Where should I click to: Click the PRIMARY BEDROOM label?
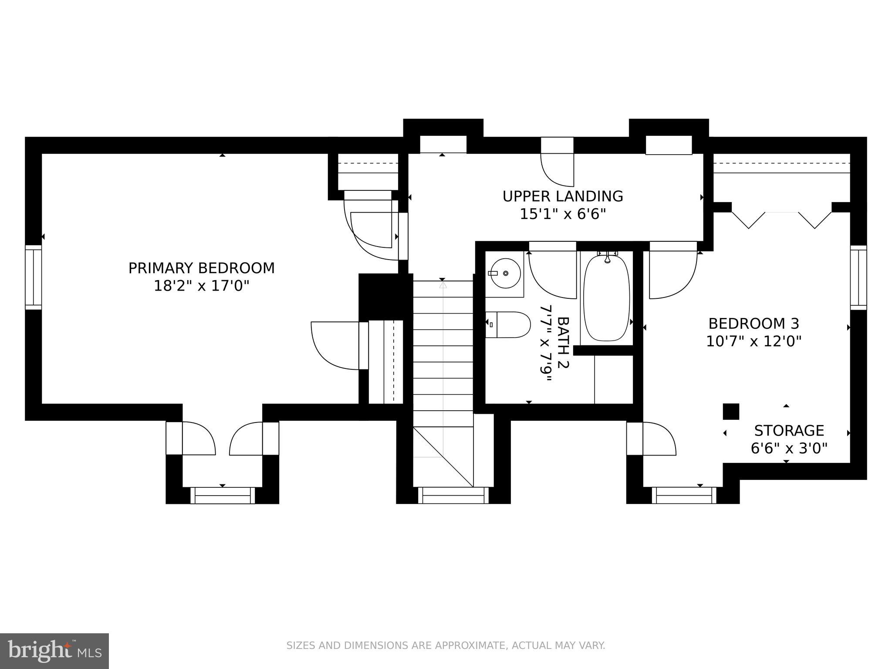(x=201, y=268)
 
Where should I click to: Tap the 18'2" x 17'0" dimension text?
(x=201, y=286)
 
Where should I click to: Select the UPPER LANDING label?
(x=563, y=196)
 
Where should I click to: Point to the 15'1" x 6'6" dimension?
(x=563, y=214)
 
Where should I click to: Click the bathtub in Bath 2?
(x=606, y=298)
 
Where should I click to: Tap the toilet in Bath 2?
(x=509, y=325)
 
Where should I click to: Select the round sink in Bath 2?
(x=505, y=273)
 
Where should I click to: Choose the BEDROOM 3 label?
(x=753, y=324)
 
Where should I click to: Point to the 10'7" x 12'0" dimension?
(x=753, y=341)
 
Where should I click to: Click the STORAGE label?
(x=789, y=431)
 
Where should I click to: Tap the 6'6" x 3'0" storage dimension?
(x=789, y=448)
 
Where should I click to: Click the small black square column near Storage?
(x=731, y=412)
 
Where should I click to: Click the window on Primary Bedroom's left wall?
(x=33, y=277)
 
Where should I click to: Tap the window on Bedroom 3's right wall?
(x=858, y=277)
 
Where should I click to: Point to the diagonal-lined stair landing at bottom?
(x=443, y=456)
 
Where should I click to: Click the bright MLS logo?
(x=54, y=651)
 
